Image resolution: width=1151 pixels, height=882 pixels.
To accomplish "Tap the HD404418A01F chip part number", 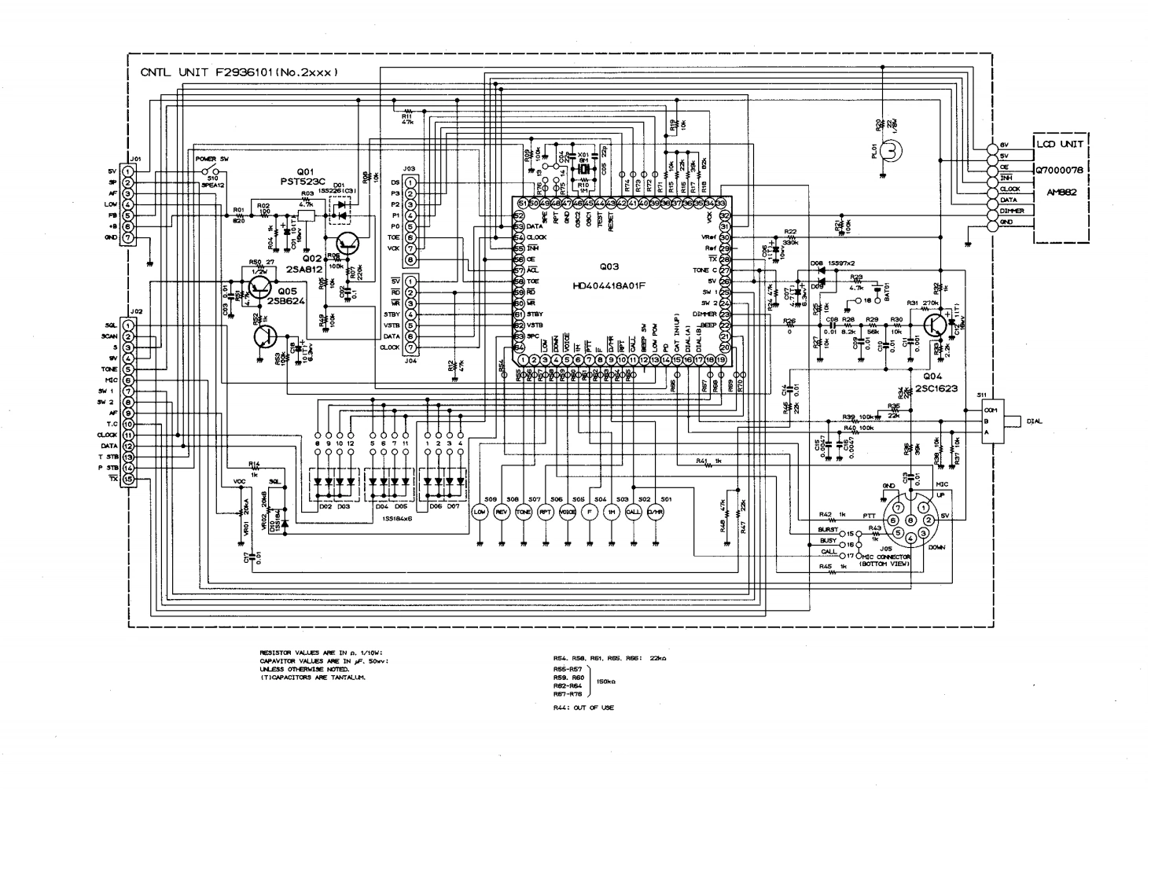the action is (609, 285).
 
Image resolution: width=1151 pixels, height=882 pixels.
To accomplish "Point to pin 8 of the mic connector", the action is (910, 520).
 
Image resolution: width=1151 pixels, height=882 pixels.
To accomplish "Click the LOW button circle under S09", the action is (480, 512).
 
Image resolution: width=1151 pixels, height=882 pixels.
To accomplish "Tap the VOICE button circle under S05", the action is (567, 512).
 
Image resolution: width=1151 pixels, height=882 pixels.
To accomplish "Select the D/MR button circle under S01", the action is (655, 512).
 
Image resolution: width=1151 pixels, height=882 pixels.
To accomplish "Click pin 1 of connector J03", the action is (410, 182).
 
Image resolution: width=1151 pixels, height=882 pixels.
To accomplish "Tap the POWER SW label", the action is (211, 159).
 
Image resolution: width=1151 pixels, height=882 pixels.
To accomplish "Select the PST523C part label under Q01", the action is (303, 182).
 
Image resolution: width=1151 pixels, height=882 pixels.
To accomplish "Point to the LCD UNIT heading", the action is (1059, 144).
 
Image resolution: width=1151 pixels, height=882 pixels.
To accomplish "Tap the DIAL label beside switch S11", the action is (1035, 421).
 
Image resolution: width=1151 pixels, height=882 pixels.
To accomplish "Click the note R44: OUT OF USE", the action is (583, 707).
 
